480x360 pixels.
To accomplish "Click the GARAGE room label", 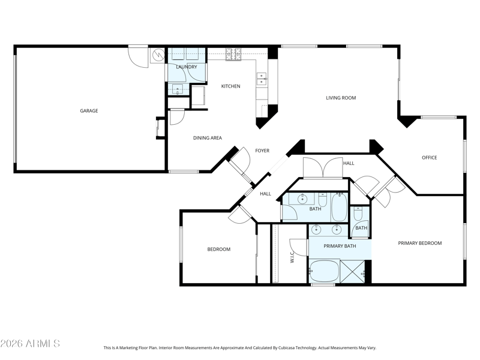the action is (89, 111).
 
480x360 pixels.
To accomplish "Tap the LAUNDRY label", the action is (187, 67).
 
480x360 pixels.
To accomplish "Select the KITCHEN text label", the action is (231, 86).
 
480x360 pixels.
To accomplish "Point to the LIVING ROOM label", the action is (341, 98).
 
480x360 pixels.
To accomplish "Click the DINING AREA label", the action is (208, 138).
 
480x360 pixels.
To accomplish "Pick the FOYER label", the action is (262, 151).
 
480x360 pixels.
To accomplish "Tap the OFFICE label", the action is (430, 158).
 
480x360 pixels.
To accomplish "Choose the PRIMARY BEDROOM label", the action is (420, 244).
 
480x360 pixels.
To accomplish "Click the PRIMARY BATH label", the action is (340, 246).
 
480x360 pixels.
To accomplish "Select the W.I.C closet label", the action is (292, 257).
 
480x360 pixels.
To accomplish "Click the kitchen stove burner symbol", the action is (233, 54).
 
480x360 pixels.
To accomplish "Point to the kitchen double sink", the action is (262, 79).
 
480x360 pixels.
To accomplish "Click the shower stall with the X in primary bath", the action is (353, 272).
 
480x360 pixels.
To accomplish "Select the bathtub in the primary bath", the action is (324, 271).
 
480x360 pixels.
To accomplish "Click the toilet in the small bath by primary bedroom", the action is (358, 214).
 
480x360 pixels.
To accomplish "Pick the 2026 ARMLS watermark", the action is (30, 343).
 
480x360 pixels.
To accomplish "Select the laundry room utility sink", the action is (178, 89).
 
